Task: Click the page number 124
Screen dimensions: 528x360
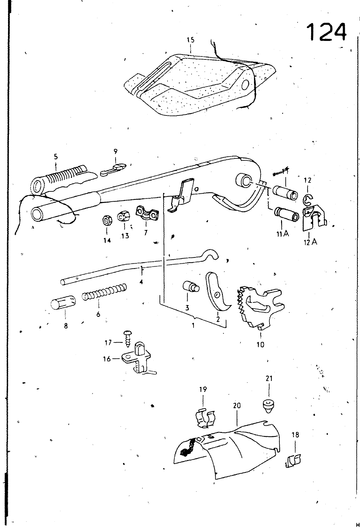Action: [x=326, y=32]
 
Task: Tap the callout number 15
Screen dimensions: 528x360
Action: [x=191, y=40]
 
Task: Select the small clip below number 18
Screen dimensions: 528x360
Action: [x=293, y=460]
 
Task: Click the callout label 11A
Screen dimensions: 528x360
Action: [x=282, y=234]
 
